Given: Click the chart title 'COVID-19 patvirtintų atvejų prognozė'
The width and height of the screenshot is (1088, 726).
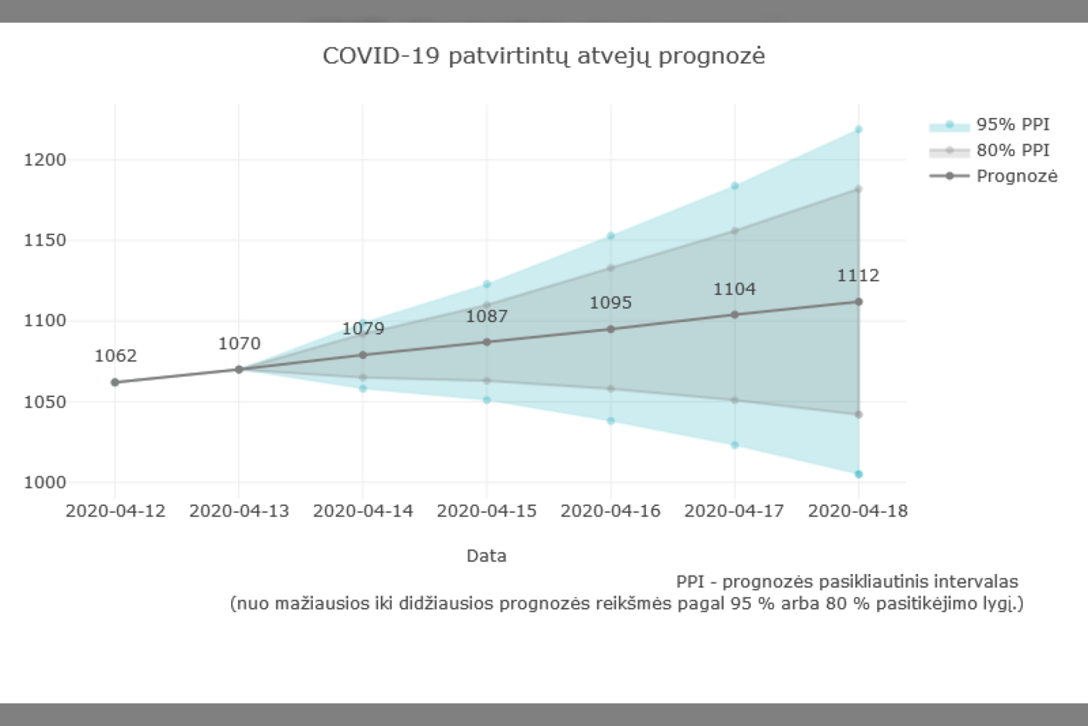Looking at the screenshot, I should click(543, 56).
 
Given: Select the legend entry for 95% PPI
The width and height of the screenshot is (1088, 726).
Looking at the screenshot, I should click(1012, 125).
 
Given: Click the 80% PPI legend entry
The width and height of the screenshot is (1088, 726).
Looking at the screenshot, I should click(1012, 150).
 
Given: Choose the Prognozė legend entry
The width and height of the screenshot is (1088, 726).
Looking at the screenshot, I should click(1016, 176).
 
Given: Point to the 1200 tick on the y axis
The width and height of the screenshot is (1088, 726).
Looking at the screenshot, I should click(45, 160).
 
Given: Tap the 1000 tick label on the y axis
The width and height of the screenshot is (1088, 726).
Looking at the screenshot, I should click(45, 482).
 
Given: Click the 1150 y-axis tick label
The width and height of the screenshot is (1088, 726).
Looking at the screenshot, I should click(45, 240).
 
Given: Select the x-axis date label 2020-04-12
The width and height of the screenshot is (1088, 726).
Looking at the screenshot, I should click(116, 511).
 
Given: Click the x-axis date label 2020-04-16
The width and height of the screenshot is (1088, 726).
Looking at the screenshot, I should click(610, 511).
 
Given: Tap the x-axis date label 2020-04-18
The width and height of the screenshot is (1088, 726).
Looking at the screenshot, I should click(858, 511).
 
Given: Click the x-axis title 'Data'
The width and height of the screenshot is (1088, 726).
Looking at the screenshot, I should click(486, 556).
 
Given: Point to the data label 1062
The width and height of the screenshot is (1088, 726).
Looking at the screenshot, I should click(116, 355).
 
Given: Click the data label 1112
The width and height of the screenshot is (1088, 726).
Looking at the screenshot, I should click(858, 275).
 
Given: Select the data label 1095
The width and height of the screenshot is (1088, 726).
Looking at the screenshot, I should click(610, 302).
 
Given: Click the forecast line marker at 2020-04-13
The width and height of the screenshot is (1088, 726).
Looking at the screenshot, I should click(239, 370).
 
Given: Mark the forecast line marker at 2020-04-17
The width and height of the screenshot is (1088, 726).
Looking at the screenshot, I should click(734, 315).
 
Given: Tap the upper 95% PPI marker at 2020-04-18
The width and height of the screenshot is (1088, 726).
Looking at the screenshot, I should click(858, 129).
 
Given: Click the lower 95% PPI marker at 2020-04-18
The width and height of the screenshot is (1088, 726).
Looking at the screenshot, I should click(858, 474).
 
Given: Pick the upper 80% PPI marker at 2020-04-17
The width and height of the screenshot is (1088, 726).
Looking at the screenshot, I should click(734, 231).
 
